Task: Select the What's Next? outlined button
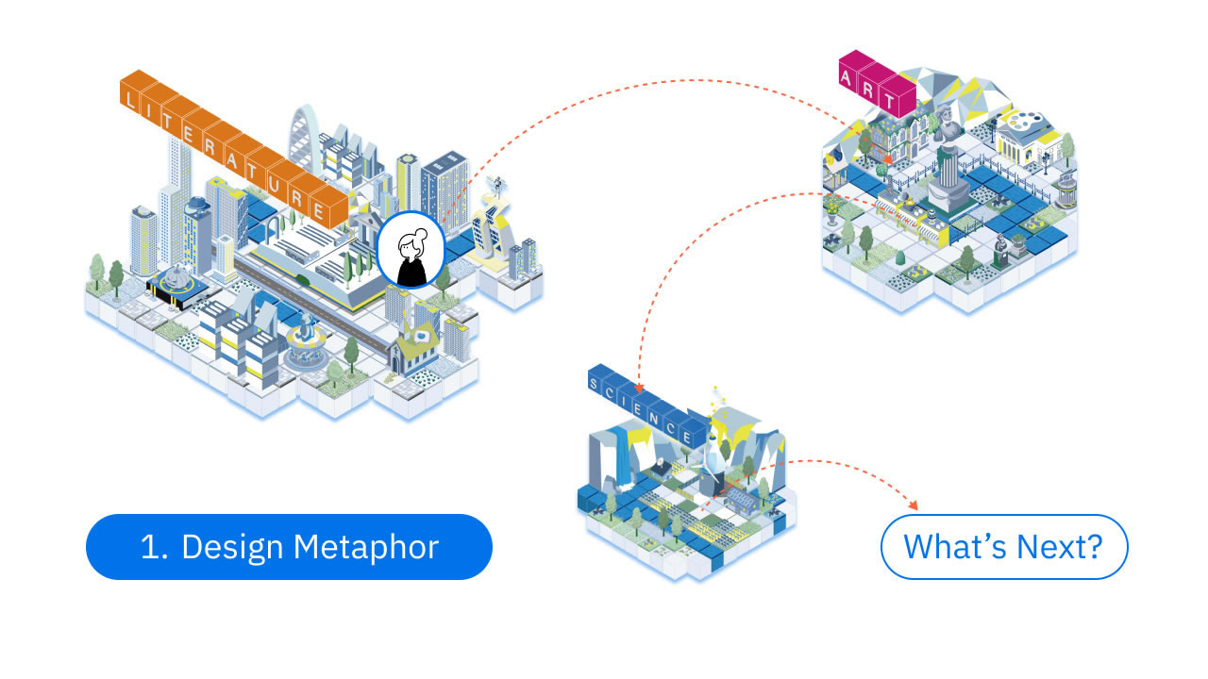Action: click(1003, 546)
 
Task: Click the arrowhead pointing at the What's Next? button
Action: click(912, 505)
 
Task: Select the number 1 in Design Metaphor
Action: click(149, 547)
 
